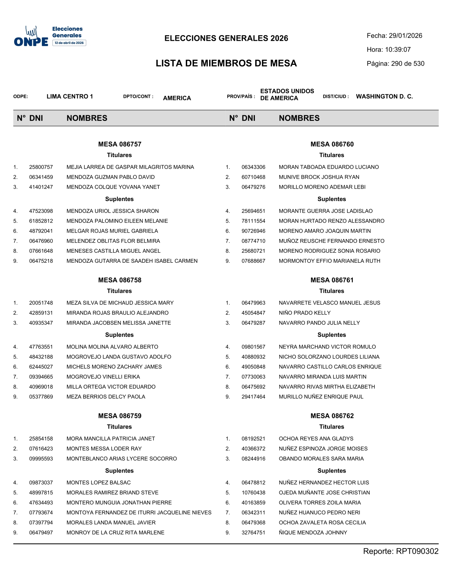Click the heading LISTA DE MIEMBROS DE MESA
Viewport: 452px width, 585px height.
pyautogui.click(x=226, y=63)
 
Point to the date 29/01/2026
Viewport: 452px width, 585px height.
pyautogui.click(x=405, y=36)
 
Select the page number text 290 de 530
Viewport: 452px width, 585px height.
pyautogui.click(x=408, y=64)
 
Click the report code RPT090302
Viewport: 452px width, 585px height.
pyautogui.click(x=417, y=551)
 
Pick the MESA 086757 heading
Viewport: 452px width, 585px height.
pyautogui.click(x=120, y=144)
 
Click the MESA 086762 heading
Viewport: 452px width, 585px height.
pyautogui.click(x=332, y=416)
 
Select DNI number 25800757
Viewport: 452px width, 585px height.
pyautogui.click(x=41, y=167)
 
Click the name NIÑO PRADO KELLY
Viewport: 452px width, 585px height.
pyautogui.click(x=305, y=313)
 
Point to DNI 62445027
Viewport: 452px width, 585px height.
pyautogui.click(x=41, y=367)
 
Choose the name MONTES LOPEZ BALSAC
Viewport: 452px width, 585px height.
pyautogui.click(x=99, y=483)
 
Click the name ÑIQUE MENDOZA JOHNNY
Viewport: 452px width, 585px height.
pyautogui.click(x=313, y=533)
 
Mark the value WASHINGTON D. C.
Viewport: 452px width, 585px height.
pyautogui.click(x=384, y=96)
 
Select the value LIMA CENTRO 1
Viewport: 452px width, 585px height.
pyautogui.click(x=70, y=96)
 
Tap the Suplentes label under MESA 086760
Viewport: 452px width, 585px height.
pyautogui.click(x=331, y=199)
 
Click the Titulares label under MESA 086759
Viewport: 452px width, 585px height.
pyautogui.click(x=119, y=427)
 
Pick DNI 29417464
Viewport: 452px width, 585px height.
pyautogui.click(x=253, y=397)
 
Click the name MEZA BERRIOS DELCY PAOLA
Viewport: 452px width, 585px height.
pyautogui.click(x=106, y=397)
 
